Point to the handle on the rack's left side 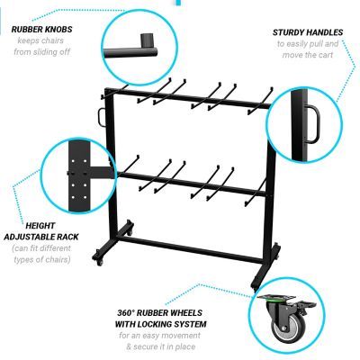[98, 119]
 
